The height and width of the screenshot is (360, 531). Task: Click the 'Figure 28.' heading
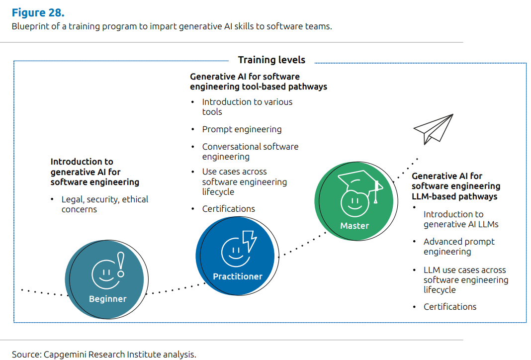38,12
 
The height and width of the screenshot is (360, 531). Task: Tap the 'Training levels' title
271,60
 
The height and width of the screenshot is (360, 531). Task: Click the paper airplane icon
433,129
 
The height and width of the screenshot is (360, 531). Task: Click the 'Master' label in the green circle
354,226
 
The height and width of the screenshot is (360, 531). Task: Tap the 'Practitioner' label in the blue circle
238,276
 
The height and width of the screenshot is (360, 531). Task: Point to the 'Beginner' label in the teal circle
107,299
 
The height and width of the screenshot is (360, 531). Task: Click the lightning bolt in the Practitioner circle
249,241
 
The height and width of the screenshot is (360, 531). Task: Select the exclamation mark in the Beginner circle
120,265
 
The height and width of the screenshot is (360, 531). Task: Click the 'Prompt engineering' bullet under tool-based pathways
242,129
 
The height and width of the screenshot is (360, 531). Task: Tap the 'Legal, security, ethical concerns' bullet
104,204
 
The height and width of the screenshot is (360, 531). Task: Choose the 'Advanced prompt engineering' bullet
459,247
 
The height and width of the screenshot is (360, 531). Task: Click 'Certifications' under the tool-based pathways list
228,209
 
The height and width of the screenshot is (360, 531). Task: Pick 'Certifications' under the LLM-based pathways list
449,307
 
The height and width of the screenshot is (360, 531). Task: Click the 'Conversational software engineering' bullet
250,152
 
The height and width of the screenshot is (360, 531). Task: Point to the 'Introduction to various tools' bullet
247,107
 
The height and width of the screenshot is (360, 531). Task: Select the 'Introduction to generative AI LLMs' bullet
460,219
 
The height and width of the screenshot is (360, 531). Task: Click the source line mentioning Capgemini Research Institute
104,355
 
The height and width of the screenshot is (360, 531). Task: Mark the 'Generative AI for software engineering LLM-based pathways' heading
455,186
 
